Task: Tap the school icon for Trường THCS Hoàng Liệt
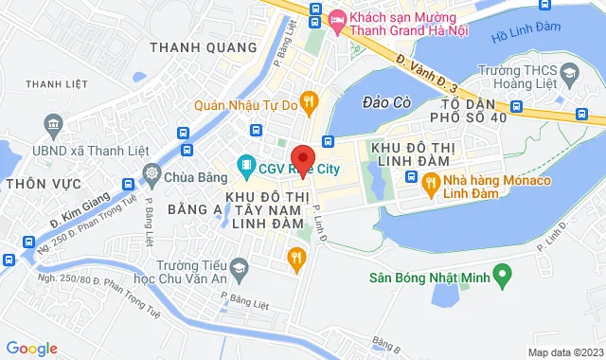coord(569,73)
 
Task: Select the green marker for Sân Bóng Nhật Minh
coord(505,278)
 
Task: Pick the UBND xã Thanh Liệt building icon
coord(53,124)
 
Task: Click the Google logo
coord(31,348)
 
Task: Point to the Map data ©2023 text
coord(564,352)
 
